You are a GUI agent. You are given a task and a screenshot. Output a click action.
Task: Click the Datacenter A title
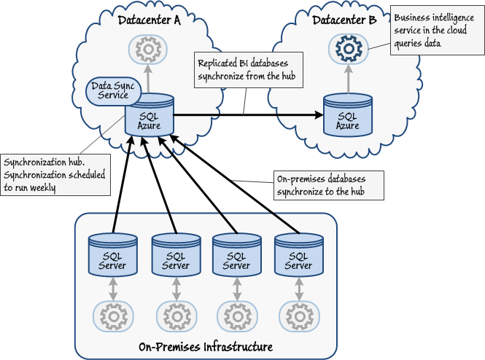pyautogui.click(x=149, y=20)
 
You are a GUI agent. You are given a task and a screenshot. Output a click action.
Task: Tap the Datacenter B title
pyautogui.click(x=345, y=20)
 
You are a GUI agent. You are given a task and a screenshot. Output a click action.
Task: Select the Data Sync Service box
pyautogui.click(x=109, y=90)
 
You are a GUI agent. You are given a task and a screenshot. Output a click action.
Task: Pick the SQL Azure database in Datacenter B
pyautogui.click(x=347, y=116)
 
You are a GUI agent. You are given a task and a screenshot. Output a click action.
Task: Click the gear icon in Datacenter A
pyautogui.click(x=149, y=49)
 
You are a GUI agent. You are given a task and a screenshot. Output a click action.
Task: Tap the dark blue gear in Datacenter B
pyautogui.click(x=347, y=49)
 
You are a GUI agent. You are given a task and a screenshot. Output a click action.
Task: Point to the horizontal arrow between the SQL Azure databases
pyautogui.click(x=248, y=114)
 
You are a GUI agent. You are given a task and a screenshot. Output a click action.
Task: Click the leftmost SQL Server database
pyautogui.click(x=112, y=255)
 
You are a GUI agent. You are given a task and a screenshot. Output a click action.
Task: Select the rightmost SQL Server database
pyautogui.click(x=298, y=255)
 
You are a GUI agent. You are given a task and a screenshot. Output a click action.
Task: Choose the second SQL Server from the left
pyautogui.click(x=175, y=255)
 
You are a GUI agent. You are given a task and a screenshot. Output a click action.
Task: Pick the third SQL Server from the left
pyautogui.click(x=236, y=255)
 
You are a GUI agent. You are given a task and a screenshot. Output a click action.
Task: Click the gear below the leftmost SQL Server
pyautogui.click(x=112, y=316)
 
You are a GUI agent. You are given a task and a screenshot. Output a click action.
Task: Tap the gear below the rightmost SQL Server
pyautogui.click(x=298, y=316)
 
